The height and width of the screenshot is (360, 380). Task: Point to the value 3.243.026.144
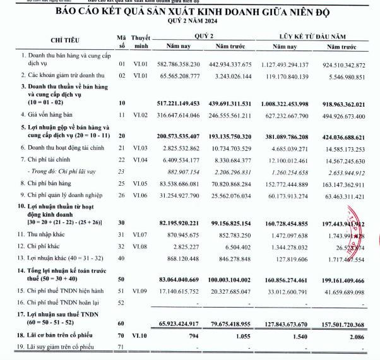click(x=234, y=75)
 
